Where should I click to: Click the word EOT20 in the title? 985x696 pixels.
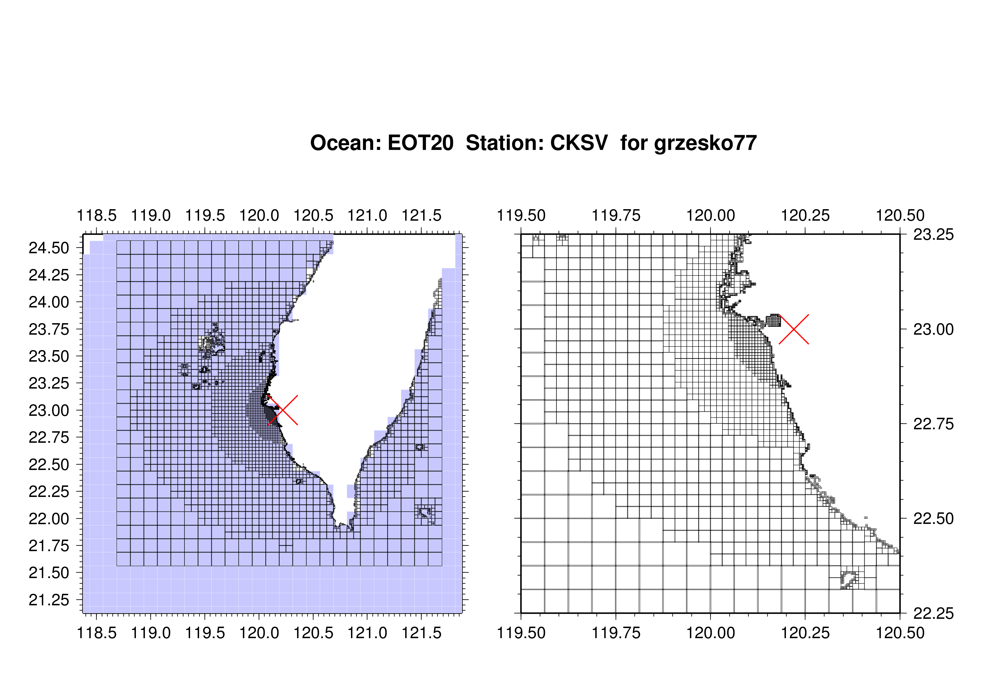coord(420,143)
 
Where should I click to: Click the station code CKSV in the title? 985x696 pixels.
coord(579,143)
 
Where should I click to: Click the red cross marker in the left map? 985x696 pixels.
coord(283,410)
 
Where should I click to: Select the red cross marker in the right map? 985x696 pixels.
coord(794,329)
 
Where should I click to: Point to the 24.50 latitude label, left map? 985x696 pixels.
coord(49,248)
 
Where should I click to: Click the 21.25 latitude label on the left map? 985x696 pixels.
coord(49,600)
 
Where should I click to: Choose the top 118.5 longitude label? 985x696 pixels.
coord(97,215)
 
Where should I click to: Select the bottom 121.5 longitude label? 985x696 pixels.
coord(421,633)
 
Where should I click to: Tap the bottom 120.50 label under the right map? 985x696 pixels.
coord(900,633)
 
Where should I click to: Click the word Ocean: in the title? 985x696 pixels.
coord(346,143)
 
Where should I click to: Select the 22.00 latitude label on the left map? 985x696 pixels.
coord(49,519)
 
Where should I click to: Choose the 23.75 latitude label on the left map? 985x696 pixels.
coord(49,329)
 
